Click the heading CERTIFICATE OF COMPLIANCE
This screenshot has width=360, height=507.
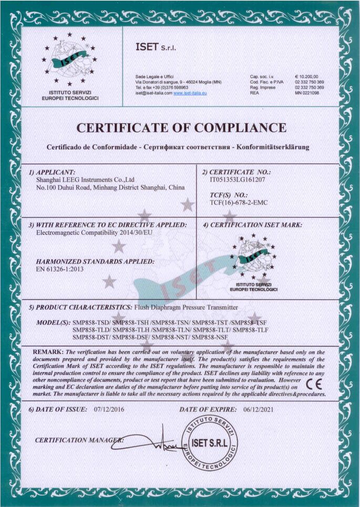[181, 128]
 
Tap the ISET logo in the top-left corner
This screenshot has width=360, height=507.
[70, 63]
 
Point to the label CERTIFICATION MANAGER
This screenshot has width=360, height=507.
[78, 440]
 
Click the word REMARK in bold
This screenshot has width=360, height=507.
[48, 351]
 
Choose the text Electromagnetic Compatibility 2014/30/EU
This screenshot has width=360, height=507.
[92, 232]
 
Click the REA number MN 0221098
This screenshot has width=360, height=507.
[307, 92]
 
